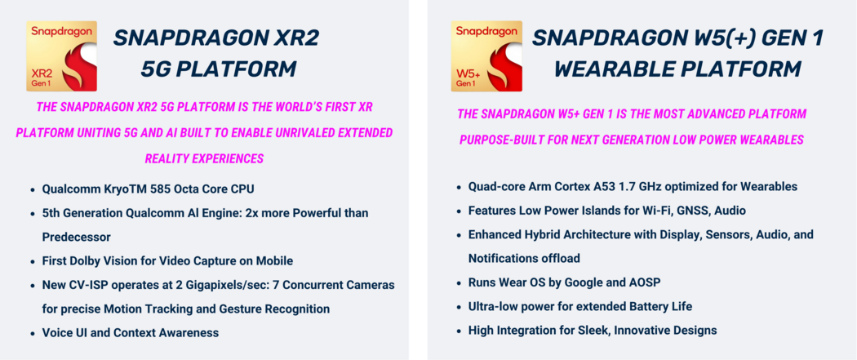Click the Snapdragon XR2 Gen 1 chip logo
pyautogui.click(x=62, y=56)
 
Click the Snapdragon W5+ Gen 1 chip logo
pyautogui.click(x=486, y=56)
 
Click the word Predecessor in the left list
pyautogui.click(x=77, y=237)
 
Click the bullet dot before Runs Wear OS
pyautogui.click(x=459, y=283)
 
